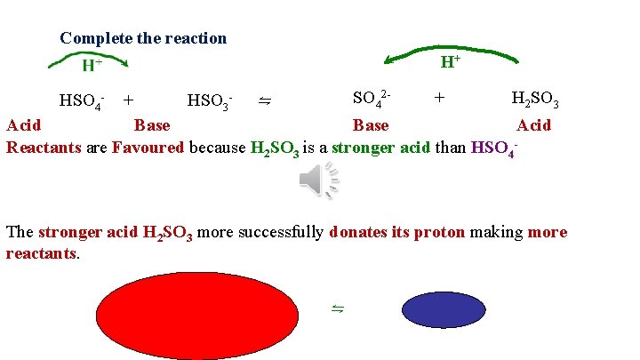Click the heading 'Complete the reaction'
coord(143,38)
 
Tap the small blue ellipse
coord(442,310)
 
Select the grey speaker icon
coord(318,182)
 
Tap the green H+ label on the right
coord(450,61)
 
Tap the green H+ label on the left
coord(92,65)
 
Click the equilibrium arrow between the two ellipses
coord(338,308)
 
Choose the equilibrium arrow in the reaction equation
coord(264,101)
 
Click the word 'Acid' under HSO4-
coord(23,125)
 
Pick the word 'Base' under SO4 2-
coord(370,125)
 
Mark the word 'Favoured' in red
coord(148,147)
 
